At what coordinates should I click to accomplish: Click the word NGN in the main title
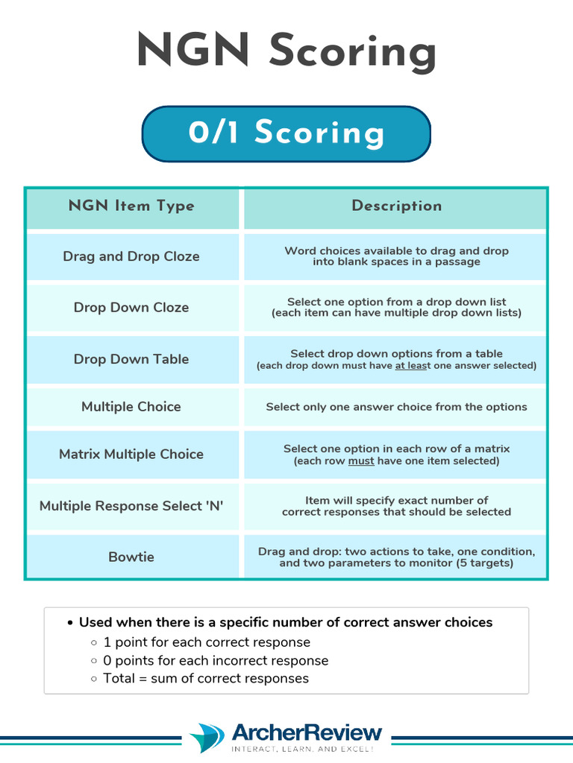[x=192, y=52]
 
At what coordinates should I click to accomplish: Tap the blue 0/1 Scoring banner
[x=286, y=133]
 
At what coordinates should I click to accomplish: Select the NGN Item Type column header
[x=131, y=206]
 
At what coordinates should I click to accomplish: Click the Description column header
[x=396, y=206]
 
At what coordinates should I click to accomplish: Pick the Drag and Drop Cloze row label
[x=131, y=256]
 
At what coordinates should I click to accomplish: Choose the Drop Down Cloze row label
[x=131, y=307]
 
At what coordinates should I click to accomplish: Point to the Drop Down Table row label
[x=131, y=359]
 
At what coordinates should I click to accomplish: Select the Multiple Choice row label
[x=131, y=407]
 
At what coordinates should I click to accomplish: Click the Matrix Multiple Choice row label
[x=131, y=454]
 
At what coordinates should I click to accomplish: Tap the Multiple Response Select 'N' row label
[x=131, y=506]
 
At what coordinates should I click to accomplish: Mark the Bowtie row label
[x=131, y=557]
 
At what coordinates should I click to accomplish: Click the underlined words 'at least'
[x=412, y=366]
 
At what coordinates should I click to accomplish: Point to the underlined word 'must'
[x=361, y=461]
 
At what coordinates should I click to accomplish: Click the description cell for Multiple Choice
[x=396, y=407]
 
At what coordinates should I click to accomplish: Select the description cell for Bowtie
[x=396, y=557]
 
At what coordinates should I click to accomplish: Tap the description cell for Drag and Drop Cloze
[x=396, y=256]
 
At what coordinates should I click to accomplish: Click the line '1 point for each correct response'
[x=207, y=642]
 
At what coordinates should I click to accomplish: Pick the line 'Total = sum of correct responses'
[x=206, y=678]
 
